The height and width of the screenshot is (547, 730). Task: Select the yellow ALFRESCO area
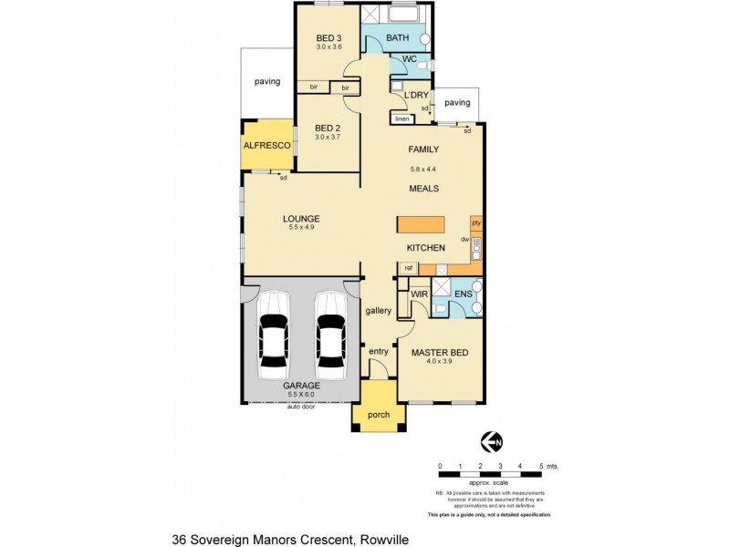(266, 145)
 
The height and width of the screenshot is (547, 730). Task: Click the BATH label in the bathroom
(397, 38)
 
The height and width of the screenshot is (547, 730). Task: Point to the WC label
(410, 59)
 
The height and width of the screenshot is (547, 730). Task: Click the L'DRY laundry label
(417, 95)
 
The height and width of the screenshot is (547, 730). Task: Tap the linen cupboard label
(401, 119)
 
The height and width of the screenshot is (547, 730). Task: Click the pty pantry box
(475, 222)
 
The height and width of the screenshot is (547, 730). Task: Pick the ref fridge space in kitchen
(409, 268)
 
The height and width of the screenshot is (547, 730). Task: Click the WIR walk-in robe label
(420, 295)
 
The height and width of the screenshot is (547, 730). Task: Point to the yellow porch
(378, 415)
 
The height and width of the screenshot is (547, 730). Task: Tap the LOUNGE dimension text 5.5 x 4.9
(300, 227)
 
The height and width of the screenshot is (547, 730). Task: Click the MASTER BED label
(438, 351)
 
